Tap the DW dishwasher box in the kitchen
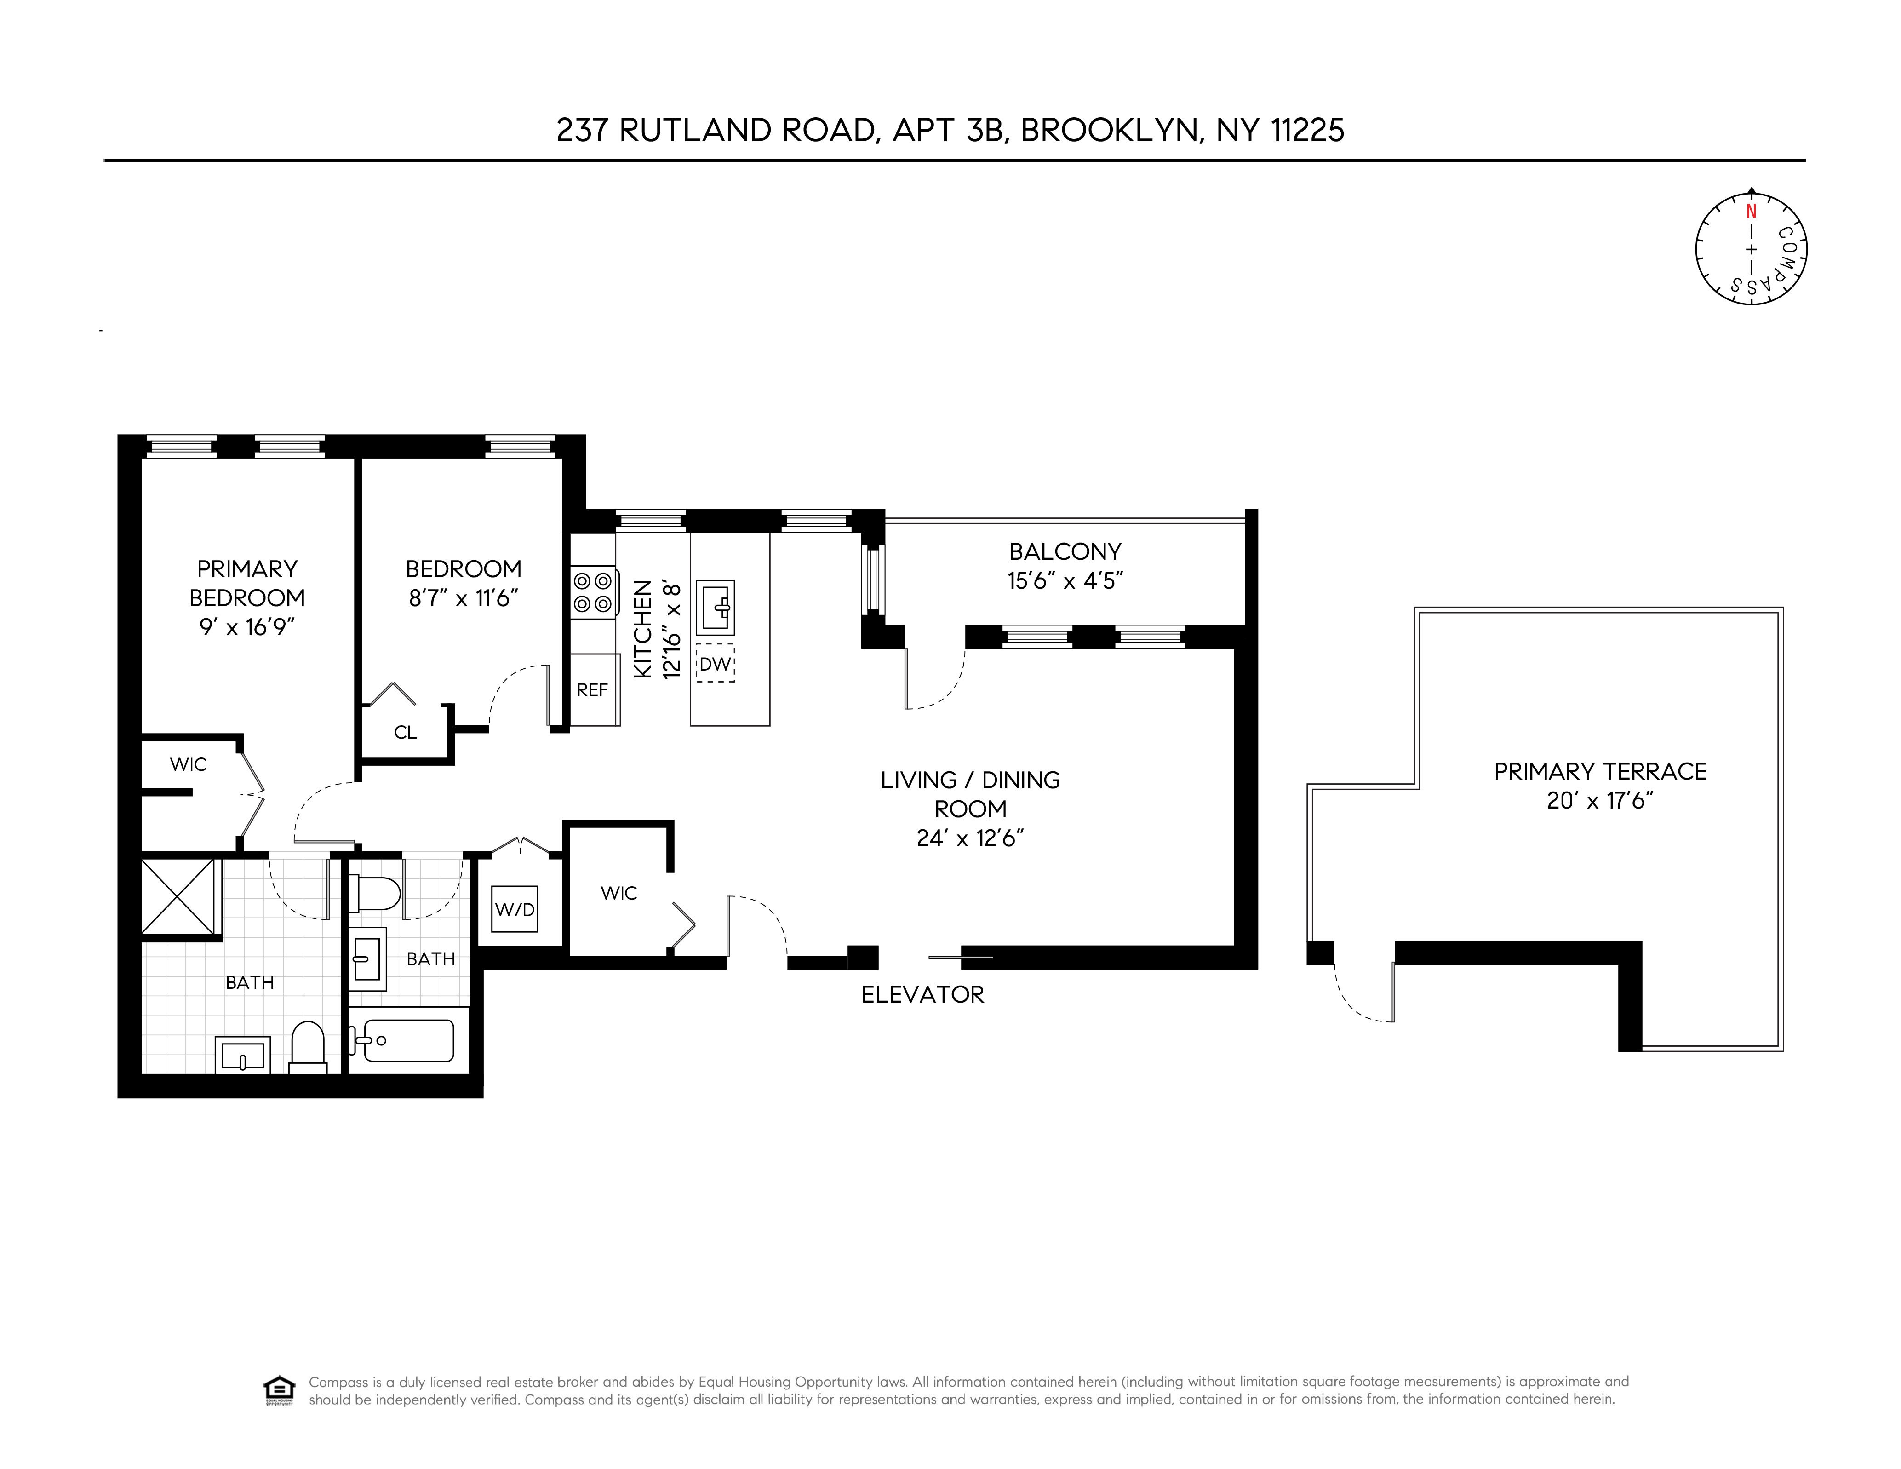(715, 664)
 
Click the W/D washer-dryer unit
(515, 909)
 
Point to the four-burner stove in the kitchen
(593, 592)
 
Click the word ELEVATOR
(922, 994)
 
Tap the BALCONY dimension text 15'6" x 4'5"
(1065, 581)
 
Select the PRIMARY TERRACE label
(1600, 771)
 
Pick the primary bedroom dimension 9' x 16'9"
(247, 627)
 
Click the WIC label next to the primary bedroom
(188, 764)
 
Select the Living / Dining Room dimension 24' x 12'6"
(970, 838)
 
